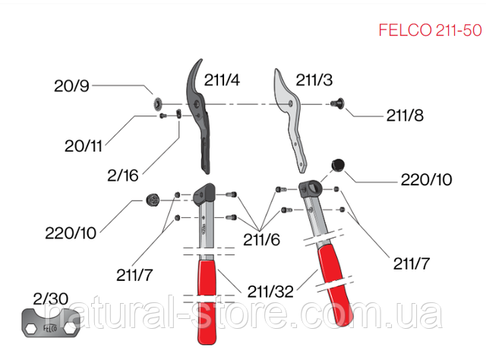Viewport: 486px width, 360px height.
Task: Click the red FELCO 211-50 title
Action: point(431,30)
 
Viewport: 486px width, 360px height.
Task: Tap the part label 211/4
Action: point(222,80)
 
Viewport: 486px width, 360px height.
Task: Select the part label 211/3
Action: point(314,80)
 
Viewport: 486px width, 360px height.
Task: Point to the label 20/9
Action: point(71,86)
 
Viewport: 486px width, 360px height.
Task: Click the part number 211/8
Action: point(405,115)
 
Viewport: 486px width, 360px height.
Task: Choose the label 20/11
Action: point(84,146)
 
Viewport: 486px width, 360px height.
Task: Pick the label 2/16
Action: point(123,175)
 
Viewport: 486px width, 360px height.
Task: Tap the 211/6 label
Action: point(261,239)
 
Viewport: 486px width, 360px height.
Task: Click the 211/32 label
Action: point(270,292)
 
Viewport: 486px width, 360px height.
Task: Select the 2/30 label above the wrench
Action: point(51,299)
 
